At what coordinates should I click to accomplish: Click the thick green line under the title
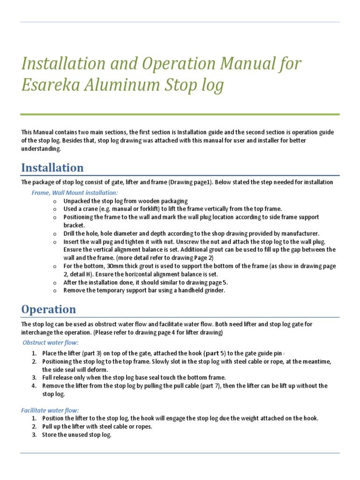(x=180, y=114)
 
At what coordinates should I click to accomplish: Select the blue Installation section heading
(x=52, y=168)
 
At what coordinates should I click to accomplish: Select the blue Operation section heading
(x=48, y=309)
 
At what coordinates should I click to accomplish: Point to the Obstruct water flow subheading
(x=51, y=343)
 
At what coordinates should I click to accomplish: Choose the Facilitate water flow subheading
(x=50, y=410)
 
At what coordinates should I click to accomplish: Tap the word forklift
(x=136, y=209)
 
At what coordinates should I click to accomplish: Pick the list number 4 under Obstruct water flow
(x=34, y=386)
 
